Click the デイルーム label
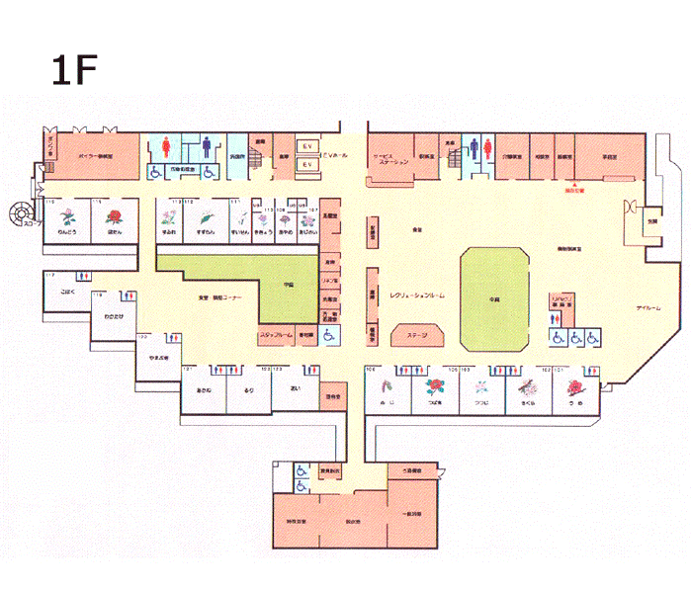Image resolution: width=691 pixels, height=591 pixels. [648, 309]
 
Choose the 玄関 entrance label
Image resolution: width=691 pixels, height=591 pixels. [652, 222]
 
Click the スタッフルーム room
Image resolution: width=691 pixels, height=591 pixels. [276, 336]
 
